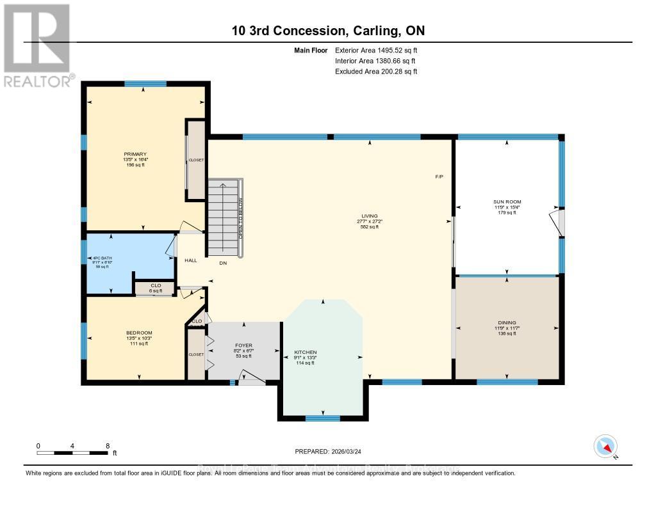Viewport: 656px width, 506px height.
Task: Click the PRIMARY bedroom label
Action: point(135,154)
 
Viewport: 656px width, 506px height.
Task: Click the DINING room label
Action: point(507,322)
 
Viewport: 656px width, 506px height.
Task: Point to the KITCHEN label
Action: point(306,352)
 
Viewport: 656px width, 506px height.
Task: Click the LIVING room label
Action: point(368,216)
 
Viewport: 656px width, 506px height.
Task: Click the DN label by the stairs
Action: point(223,263)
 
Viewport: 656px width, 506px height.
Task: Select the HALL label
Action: point(191,260)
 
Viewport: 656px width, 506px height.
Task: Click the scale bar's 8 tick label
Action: point(108,445)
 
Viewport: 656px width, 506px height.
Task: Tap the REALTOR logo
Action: point(37,45)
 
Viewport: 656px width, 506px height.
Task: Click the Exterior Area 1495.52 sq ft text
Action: point(376,50)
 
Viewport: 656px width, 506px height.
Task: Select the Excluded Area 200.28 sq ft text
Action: point(376,72)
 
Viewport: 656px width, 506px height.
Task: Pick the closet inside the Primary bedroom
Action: point(195,160)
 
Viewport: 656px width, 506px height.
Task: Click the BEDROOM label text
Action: point(139,333)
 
